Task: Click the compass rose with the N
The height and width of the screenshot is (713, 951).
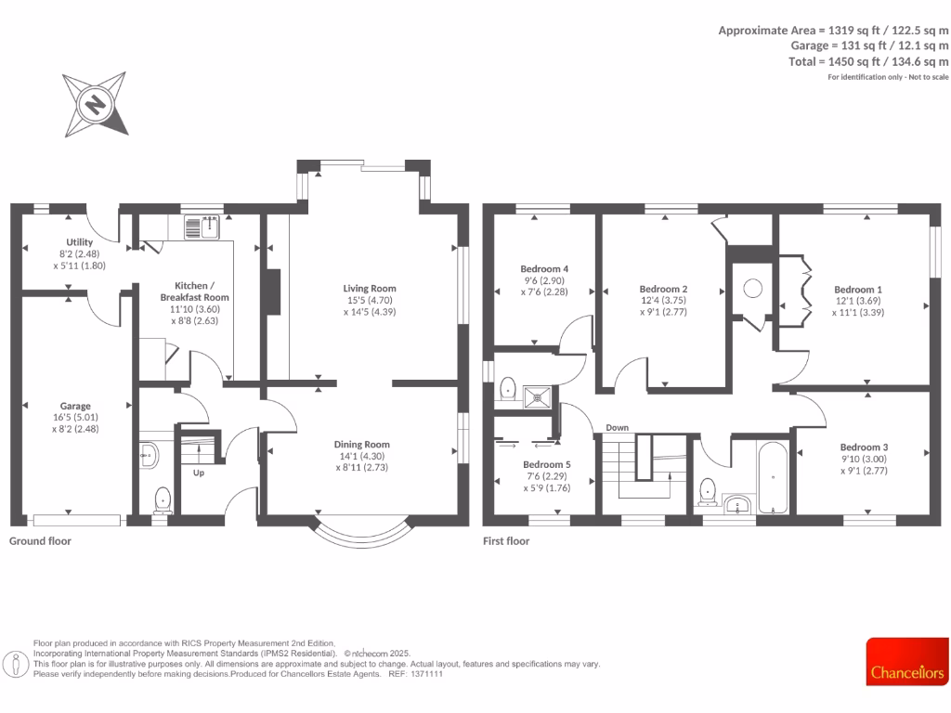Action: (95, 103)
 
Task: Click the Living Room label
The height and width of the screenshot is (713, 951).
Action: (370, 289)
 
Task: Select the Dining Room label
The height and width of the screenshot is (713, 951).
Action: (361, 445)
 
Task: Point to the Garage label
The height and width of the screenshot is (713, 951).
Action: (75, 406)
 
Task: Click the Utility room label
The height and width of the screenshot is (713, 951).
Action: (74, 242)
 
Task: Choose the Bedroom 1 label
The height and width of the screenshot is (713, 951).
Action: (857, 290)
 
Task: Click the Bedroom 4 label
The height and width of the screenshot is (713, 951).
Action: (545, 269)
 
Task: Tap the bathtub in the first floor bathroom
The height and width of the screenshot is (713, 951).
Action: (773, 478)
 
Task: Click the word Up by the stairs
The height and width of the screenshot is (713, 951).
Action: (199, 473)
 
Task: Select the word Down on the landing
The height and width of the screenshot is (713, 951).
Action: (618, 428)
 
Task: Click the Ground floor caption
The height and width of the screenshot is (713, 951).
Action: (40, 540)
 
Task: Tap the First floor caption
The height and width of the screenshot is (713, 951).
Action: (506, 540)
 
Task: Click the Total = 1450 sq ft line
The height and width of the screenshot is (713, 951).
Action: (868, 61)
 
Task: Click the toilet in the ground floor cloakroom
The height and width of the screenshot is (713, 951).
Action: (163, 499)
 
